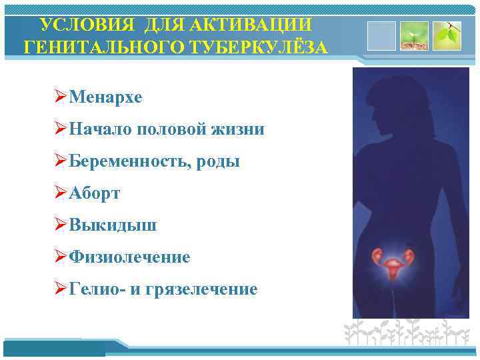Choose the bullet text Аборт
(x=97, y=193)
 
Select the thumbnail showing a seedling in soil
(x=413, y=36)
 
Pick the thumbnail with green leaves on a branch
(x=446, y=36)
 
